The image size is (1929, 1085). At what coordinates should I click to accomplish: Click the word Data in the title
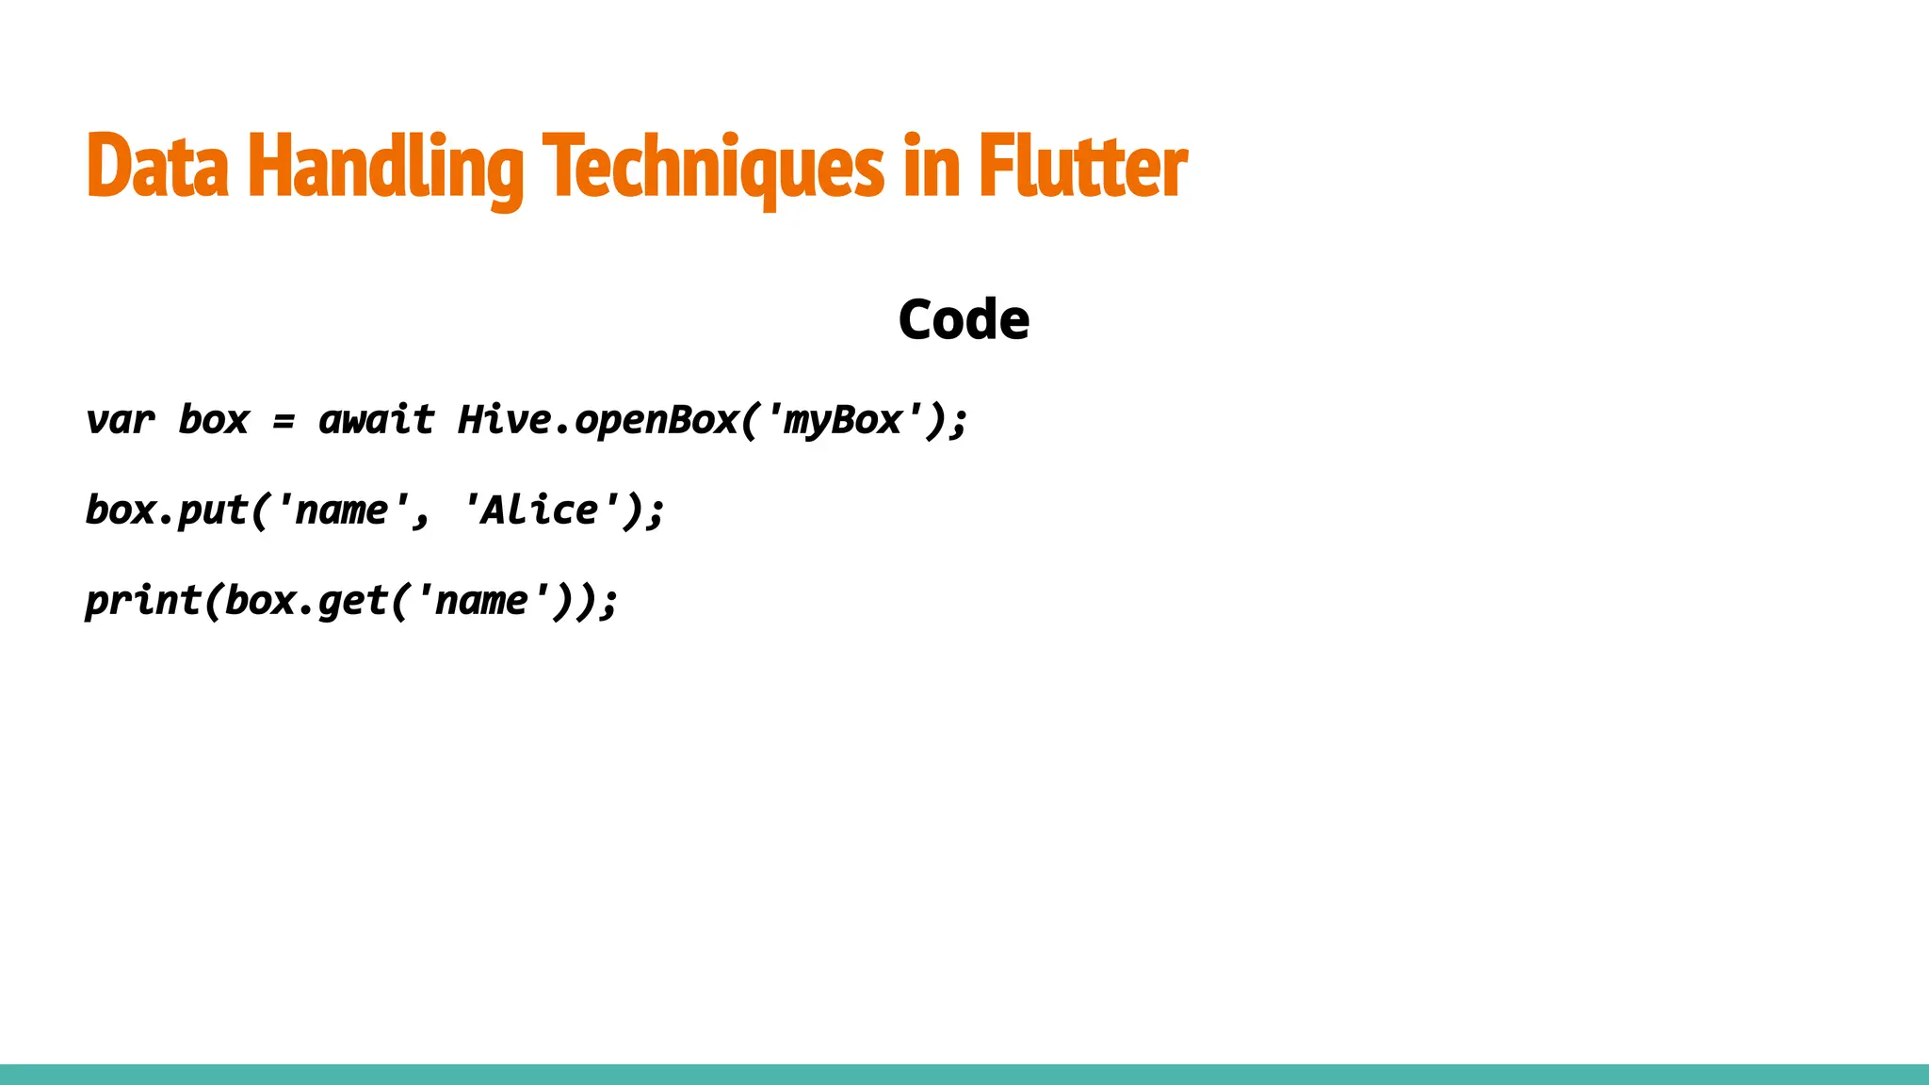tap(157, 167)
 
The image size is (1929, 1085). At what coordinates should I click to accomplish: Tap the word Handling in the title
tap(385, 167)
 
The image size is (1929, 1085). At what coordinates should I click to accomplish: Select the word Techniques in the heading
tap(714, 167)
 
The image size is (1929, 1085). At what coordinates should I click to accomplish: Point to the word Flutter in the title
tap(1083, 167)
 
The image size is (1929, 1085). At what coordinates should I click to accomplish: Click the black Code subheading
tap(964, 319)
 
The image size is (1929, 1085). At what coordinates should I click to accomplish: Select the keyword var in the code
tap(120, 420)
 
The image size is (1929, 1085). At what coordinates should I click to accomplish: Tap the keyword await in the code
tap(377, 420)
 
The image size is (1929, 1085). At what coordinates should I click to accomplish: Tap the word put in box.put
tap(213, 510)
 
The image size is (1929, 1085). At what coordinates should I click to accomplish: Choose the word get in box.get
tap(352, 601)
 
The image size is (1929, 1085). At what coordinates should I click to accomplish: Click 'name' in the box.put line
tap(341, 510)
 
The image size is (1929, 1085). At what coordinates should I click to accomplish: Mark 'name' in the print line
tap(481, 601)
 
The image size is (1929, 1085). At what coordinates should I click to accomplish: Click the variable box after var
tap(214, 420)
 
